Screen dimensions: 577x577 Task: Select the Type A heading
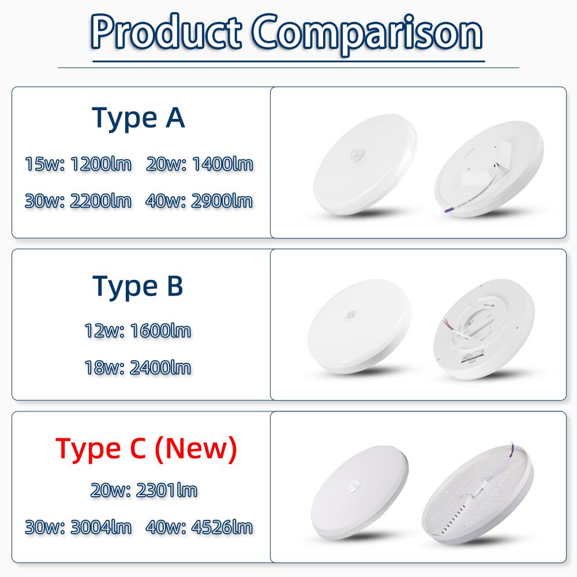click(x=138, y=118)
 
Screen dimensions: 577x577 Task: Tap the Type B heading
click(x=138, y=286)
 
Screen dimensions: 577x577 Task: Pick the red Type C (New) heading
click(x=146, y=449)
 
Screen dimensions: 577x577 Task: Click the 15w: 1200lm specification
click(x=78, y=164)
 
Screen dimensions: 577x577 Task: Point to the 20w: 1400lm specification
click(x=200, y=164)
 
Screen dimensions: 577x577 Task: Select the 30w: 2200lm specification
click(x=78, y=201)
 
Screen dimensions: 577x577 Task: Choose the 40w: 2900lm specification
click(x=200, y=201)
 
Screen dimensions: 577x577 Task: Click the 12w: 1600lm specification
click(x=138, y=331)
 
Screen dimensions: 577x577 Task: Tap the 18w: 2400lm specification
click(x=138, y=368)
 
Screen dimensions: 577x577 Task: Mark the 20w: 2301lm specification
click(x=144, y=490)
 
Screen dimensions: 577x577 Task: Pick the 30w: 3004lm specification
click(x=78, y=527)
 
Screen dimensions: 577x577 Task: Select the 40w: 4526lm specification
click(x=200, y=527)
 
